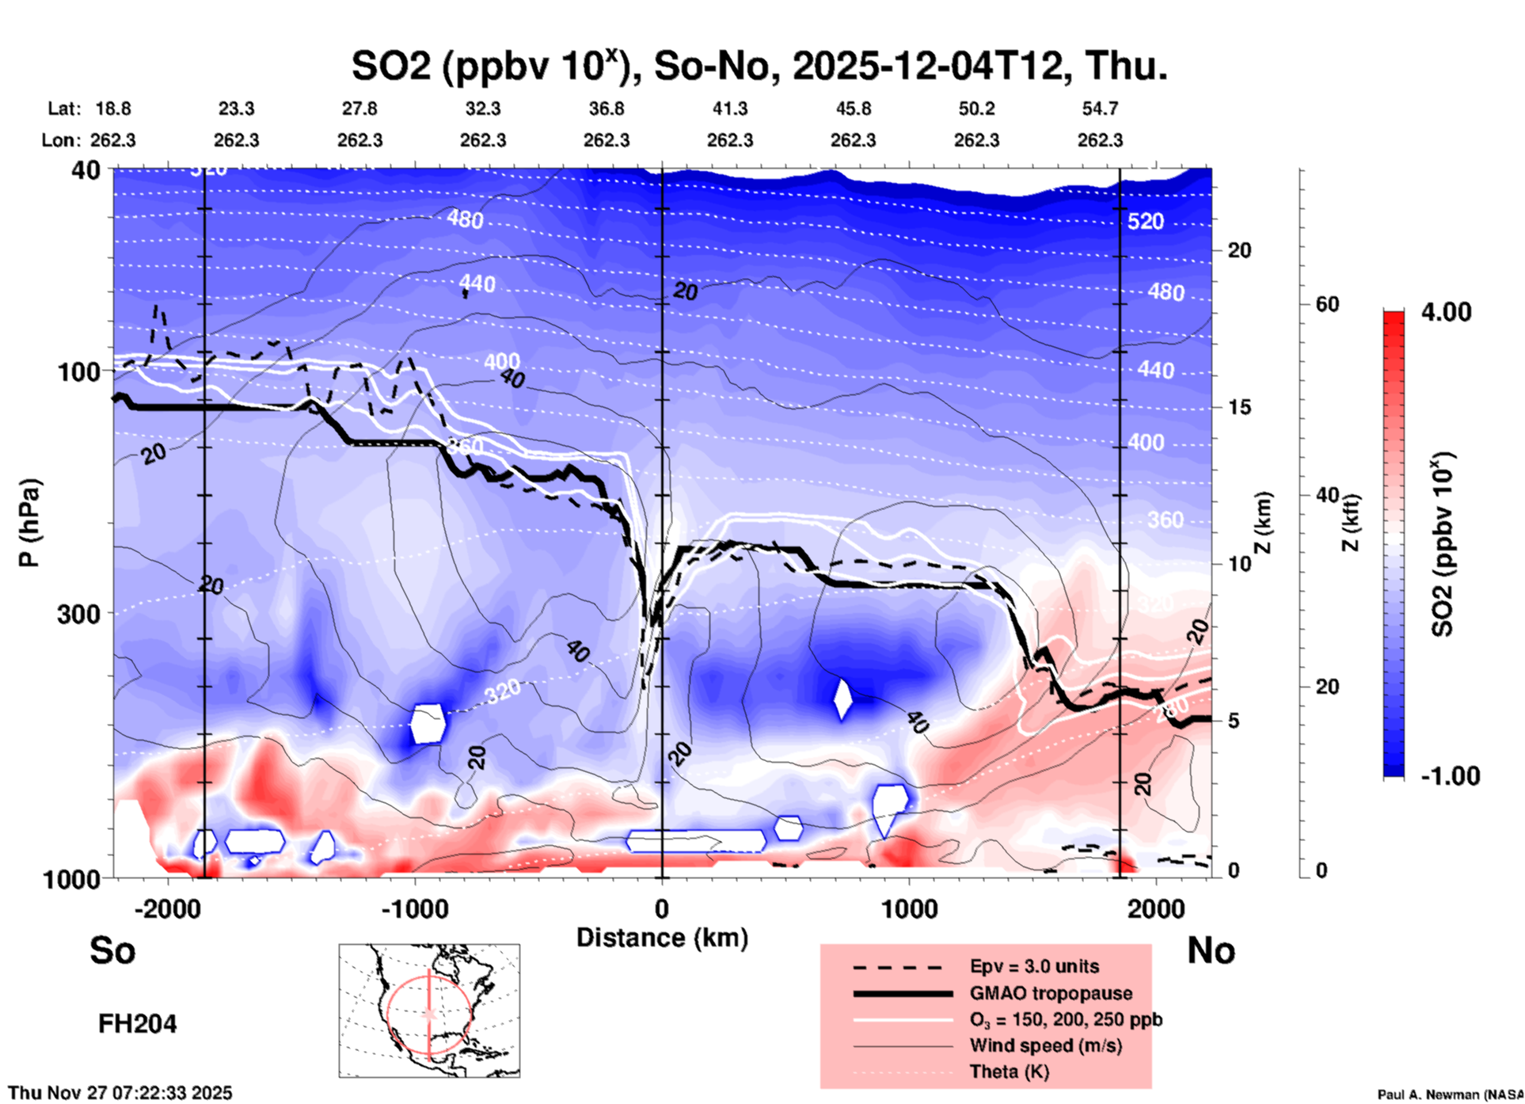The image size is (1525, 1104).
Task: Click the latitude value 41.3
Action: [729, 108]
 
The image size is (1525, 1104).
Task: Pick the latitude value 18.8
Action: [113, 108]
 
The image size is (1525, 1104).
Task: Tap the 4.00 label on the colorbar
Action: [1446, 311]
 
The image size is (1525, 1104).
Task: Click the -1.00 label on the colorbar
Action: [1450, 776]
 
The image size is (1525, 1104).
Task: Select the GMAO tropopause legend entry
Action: [1051, 993]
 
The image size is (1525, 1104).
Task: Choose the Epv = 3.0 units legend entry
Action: [1034, 966]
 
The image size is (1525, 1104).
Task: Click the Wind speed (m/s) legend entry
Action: [1045, 1045]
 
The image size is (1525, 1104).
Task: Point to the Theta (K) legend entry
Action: [1009, 1072]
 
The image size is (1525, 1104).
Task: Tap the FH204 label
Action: [137, 1024]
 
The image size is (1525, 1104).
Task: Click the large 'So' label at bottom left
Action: [112, 950]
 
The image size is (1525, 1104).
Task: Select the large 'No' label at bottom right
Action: [1211, 950]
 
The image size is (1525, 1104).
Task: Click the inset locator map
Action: [429, 1011]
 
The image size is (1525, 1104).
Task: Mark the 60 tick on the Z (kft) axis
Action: [1327, 304]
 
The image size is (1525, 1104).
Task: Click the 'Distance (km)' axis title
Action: [662, 938]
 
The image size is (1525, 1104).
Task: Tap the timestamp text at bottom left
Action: [120, 1093]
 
